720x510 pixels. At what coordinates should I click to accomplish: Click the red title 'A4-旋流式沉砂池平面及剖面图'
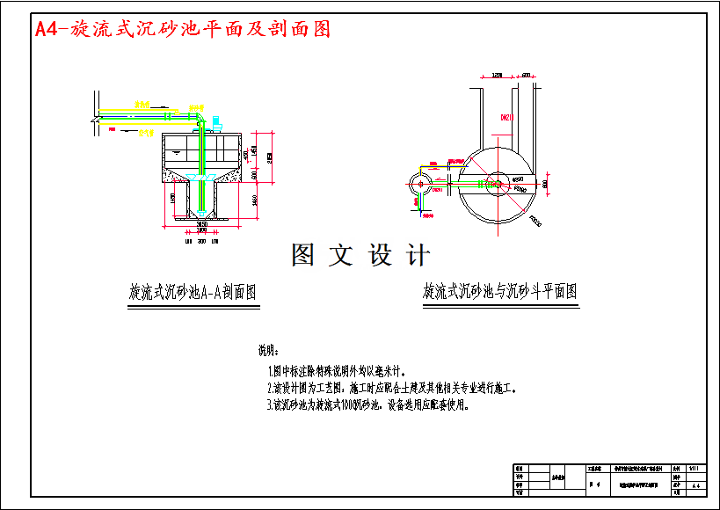click(x=183, y=29)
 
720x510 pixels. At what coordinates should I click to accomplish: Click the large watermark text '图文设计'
click(x=360, y=256)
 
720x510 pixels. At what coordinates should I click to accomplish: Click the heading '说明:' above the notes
click(x=267, y=349)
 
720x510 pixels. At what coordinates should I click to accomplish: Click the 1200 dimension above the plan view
click(x=497, y=76)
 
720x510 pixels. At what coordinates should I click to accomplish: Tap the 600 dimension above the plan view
click(x=527, y=76)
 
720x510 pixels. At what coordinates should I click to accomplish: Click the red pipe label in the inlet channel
click(x=506, y=117)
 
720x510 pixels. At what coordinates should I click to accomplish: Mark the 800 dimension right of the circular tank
click(x=545, y=184)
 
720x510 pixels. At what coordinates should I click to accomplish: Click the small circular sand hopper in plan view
click(x=421, y=184)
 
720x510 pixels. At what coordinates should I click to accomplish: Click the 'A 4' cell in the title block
click(x=696, y=485)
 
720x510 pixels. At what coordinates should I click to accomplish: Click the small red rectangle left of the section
click(x=112, y=128)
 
